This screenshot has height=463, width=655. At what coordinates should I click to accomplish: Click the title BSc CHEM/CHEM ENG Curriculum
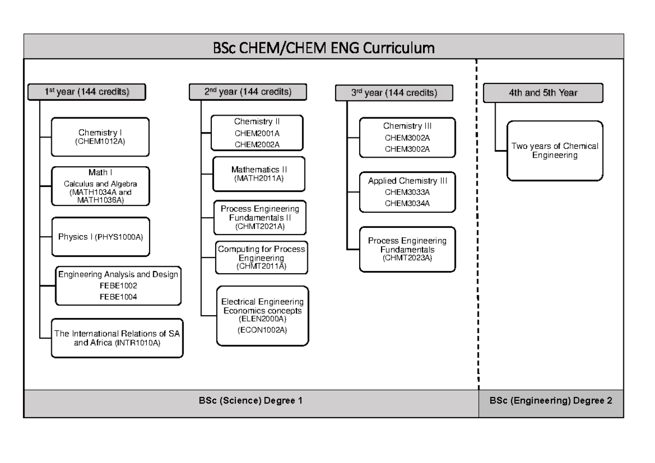point(324,48)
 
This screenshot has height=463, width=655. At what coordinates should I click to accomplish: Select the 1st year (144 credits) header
point(87,92)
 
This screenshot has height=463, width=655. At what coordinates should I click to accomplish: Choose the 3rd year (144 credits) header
point(394,93)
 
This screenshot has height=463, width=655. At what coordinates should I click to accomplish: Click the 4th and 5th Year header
point(543,93)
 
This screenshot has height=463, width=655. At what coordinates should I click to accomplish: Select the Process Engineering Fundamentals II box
point(260,217)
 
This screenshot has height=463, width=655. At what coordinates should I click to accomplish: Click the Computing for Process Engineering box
point(261,256)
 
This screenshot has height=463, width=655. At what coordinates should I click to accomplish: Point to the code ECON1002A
point(262,330)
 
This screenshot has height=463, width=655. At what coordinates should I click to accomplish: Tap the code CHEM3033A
point(407,191)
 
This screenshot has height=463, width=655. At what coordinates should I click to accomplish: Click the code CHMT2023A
point(407,257)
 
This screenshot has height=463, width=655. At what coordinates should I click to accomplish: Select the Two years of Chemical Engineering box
point(555,151)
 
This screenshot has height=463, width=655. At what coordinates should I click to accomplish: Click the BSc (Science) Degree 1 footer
point(251,400)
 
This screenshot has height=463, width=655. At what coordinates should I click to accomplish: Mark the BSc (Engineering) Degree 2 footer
point(551,400)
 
